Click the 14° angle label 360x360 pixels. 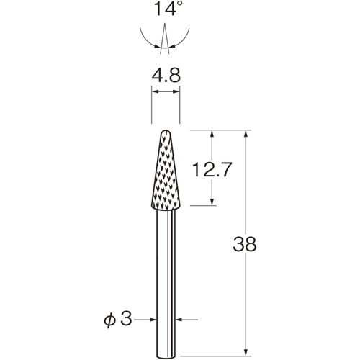(166, 9)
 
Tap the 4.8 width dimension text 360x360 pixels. (166, 76)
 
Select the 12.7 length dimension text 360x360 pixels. (212, 169)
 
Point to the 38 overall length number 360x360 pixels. (245, 244)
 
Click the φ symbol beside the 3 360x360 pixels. (109, 320)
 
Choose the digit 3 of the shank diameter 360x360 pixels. (126, 319)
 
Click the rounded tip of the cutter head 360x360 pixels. (166, 131)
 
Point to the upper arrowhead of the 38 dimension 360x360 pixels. (246, 134)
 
